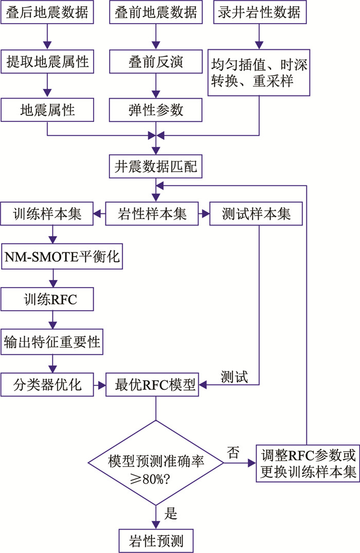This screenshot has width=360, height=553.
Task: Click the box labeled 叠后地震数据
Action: coord(47,12)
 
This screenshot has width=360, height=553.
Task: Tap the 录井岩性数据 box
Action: coord(259,12)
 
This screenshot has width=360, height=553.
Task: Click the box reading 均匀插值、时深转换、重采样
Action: coord(259,72)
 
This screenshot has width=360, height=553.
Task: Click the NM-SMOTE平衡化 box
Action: coord(62,257)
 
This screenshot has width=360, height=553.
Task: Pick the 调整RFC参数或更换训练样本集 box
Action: coord(307,463)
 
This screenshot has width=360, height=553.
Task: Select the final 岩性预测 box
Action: coord(156,541)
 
